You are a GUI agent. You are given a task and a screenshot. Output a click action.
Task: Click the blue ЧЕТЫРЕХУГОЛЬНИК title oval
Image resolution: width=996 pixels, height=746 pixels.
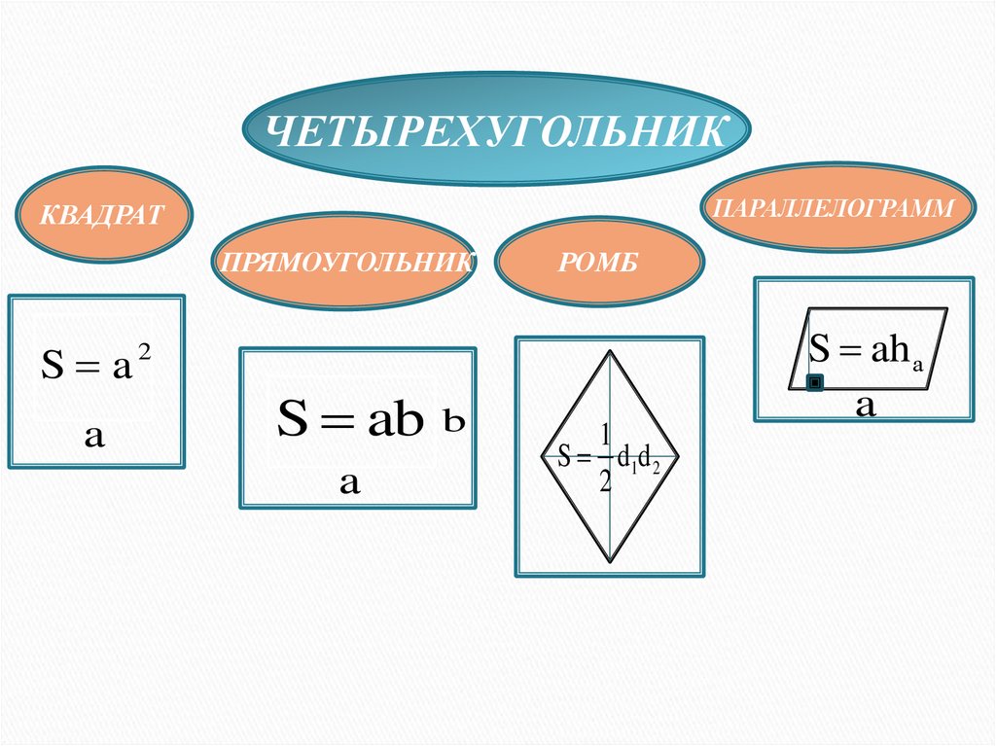click(x=497, y=130)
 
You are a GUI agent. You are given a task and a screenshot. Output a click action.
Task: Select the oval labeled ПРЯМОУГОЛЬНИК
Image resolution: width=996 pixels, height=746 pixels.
click(x=344, y=262)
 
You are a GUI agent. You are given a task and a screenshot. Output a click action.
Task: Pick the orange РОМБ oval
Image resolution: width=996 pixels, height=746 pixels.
click(x=597, y=262)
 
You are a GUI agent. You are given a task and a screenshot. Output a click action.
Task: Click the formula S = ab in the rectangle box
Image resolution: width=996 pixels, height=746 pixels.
click(x=351, y=421)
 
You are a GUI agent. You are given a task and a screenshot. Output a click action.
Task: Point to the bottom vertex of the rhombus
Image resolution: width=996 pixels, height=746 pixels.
click(x=610, y=561)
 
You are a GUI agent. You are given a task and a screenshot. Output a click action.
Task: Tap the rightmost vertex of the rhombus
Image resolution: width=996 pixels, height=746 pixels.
click(x=678, y=456)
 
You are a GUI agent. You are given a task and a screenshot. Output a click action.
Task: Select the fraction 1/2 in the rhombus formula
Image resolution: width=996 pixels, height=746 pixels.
click(x=604, y=457)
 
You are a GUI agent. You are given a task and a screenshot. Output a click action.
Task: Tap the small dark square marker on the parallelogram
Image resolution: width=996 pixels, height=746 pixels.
click(x=815, y=382)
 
